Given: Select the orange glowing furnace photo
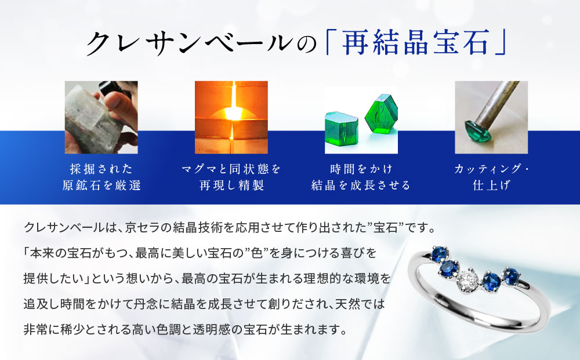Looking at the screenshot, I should (231, 117).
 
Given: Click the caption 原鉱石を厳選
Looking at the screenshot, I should (101, 186).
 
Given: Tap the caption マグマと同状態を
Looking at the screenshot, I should (231, 169).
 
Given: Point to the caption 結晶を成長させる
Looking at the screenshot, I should (361, 186).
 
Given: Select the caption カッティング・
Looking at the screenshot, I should (491, 169).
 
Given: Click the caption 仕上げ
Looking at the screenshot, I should (491, 186).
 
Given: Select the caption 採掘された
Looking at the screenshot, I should (101, 169).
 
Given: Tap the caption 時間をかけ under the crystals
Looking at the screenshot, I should (361, 169).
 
